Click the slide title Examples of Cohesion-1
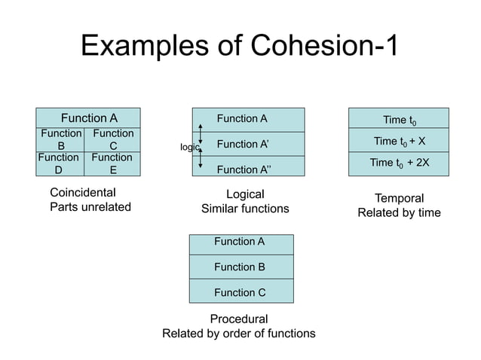[x=239, y=47]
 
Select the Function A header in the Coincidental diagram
[x=89, y=118]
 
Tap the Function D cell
[x=58, y=163]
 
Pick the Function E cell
[x=112, y=163]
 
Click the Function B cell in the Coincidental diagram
[x=60, y=140]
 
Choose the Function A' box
[x=248, y=144]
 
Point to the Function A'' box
[x=248, y=169]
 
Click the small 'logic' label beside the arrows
[x=188, y=148]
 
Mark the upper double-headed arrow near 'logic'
[x=200, y=133]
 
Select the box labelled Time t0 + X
[x=399, y=141]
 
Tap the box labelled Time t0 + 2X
[x=399, y=163]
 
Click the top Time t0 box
[x=399, y=120]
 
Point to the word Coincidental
[x=82, y=193]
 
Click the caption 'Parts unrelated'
[x=90, y=207]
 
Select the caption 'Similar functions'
[x=245, y=209]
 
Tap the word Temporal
[x=399, y=198]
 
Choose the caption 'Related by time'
[x=399, y=213]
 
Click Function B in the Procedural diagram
[x=240, y=267]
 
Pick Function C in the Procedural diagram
[x=240, y=292]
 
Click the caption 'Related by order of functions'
[x=239, y=333]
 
